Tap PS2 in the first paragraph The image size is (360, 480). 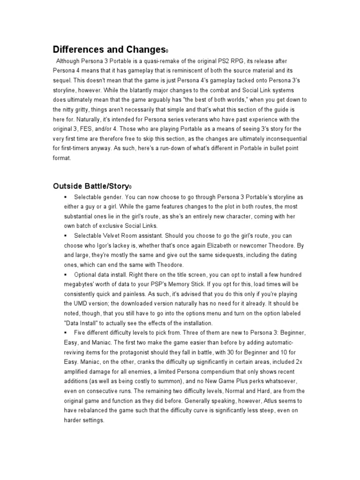click(x=232, y=61)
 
